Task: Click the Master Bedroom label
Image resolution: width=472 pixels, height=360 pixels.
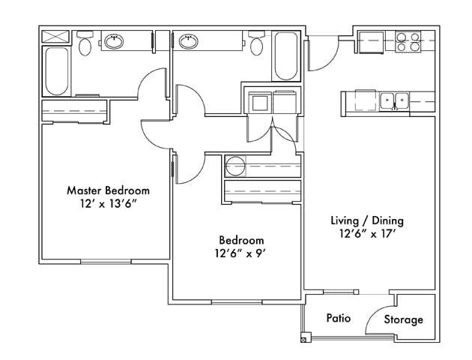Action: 108,190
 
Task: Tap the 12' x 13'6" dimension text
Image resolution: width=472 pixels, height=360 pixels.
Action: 108,204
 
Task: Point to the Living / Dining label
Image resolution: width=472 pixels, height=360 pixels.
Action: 367,220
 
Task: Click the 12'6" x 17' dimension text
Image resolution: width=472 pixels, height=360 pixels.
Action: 367,234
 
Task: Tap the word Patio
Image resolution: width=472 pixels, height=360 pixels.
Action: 339,318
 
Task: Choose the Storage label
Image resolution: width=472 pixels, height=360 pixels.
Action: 403,319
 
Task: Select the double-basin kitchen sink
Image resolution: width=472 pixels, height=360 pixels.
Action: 393,100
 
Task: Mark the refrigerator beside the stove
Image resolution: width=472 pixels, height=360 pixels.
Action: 372,43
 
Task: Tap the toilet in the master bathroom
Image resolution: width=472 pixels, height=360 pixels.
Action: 85,44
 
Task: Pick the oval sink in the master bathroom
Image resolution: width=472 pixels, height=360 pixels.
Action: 114,41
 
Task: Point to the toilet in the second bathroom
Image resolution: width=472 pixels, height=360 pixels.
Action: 257,45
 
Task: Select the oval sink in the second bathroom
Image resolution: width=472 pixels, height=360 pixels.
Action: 187,41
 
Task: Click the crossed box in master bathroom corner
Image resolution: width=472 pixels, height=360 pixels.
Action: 55,36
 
